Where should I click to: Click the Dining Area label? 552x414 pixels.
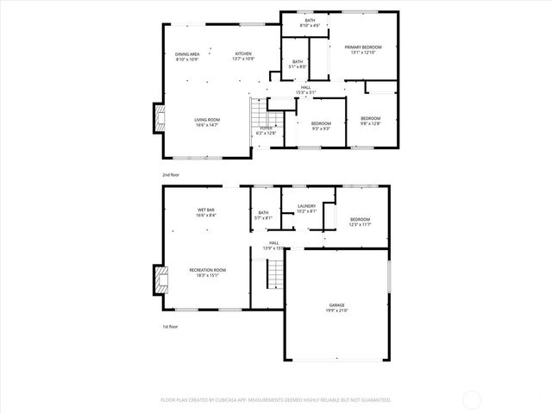[x=187, y=57]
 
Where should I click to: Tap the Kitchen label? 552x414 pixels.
[x=243, y=57]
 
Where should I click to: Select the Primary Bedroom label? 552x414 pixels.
[x=363, y=49]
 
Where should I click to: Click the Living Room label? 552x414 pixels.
[x=206, y=122]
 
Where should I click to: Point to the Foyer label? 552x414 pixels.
[x=266, y=130]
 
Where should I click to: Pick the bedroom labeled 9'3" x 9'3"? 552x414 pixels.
[x=321, y=126]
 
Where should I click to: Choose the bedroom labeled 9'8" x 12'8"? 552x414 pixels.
[x=370, y=120]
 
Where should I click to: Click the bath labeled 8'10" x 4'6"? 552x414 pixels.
[x=309, y=23]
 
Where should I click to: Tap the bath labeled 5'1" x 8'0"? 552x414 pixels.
[x=298, y=64]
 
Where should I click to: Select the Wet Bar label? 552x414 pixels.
[x=205, y=212]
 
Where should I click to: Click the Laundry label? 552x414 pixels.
[x=307, y=208]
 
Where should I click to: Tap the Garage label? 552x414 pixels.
[x=336, y=308]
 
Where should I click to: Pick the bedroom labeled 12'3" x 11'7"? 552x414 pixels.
[x=360, y=222]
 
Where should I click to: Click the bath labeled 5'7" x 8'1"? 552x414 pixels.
[x=263, y=215]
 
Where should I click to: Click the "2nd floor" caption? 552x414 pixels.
[x=171, y=174]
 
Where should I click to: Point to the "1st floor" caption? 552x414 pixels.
[x=171, y=327]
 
